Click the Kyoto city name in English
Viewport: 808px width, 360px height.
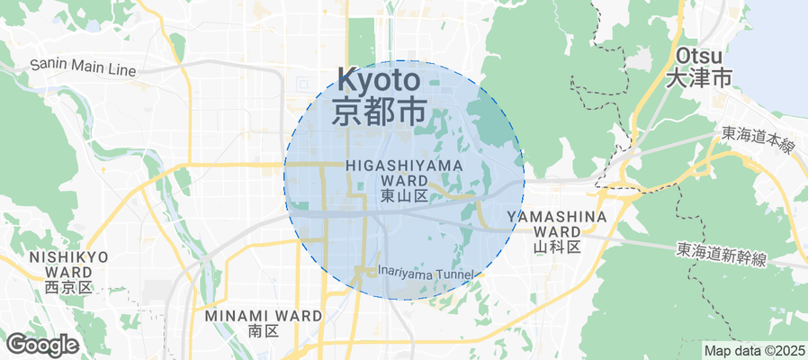pos(379,79)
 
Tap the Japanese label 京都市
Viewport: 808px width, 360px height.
pos(379,111)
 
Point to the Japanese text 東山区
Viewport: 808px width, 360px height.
pos(403,195)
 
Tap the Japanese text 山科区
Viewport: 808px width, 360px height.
pos(557,246)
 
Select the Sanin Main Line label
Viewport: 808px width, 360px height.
pos(83,67)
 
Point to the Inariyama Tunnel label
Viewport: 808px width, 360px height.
pos(426,272)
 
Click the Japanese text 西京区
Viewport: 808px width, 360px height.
pos(68,287)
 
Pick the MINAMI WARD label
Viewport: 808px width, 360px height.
pos(263,316)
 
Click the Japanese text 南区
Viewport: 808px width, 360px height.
pos(263,331)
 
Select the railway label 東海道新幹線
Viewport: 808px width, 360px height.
pos(722,256)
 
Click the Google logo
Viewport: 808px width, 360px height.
pos(41,344)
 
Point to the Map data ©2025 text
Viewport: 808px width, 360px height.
pos(753,350)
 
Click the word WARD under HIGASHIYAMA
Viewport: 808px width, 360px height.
pos(403,180)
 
